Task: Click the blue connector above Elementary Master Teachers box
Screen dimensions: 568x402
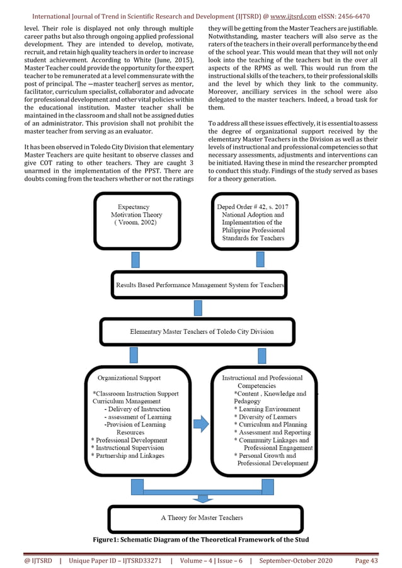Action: [x=198, y=308]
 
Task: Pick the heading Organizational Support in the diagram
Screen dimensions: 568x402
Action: [x=129, y=378]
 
